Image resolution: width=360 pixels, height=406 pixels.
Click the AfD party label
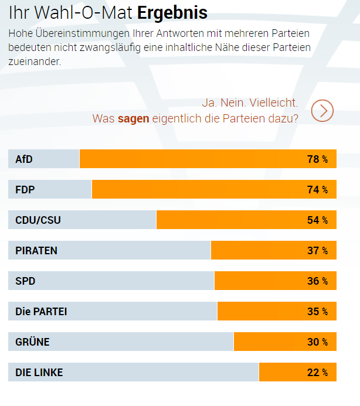(x=23, y=159)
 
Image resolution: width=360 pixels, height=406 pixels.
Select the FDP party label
(x=25, y=190)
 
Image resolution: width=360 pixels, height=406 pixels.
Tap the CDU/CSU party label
(x=38, y=220)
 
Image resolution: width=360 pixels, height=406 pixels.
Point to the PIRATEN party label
(x=36, y=251)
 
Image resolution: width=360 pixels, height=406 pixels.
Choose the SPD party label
(x=25, y=281)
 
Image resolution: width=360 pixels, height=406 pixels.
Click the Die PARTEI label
(x=41, y=312)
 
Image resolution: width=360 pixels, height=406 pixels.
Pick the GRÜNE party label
(x=32, y=342)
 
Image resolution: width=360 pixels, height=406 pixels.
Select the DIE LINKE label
(x=39, y=373)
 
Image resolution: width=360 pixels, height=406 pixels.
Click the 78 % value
(x=317, y=159)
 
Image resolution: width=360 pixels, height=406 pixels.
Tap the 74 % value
(x=317, y=190)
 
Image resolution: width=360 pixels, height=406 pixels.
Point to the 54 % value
(x=317, y=220)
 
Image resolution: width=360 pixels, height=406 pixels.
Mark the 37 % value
(x=317, y=251)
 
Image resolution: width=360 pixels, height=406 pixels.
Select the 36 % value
(x=317, y=281)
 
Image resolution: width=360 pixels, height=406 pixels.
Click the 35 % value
(x=317, y=312)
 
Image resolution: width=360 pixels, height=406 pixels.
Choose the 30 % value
(x=317, y=342)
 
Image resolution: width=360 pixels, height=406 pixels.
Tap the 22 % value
(x=317, y=373)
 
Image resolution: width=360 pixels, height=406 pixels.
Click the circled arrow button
(x=322, y=110)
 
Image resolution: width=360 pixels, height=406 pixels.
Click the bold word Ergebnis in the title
(x=172, y=12)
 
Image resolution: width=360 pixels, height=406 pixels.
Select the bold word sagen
(x=133, y=118)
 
